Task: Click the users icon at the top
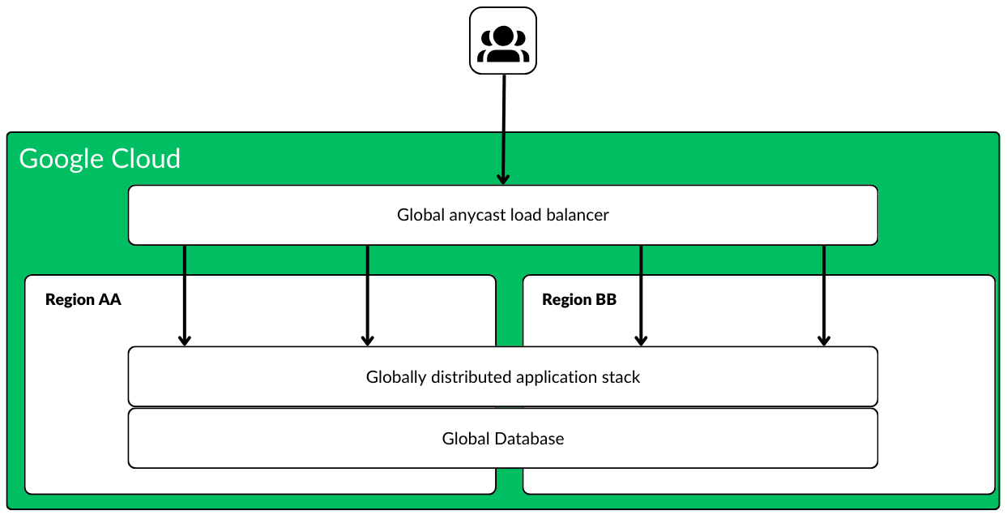pyautogui.click(x=503, y=41)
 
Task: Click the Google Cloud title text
pyautogui.click(x=100, y=158)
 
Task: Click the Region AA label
pyautogui.click(x=83, y=299)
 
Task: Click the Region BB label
pyautogui.click(x=579, y=299)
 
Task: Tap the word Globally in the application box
pyautogui.click(x=396, y=377)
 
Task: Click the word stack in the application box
pyautogui.click(x=621, y=377)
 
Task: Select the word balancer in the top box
pyautogui.click(x=577, y=215)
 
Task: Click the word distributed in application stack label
pyautogui.click(x=471, y=377)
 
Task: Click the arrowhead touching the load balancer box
pyautogui.click(x=503, y=178)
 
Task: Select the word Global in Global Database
pyautogui.click(x=463, y=439)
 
